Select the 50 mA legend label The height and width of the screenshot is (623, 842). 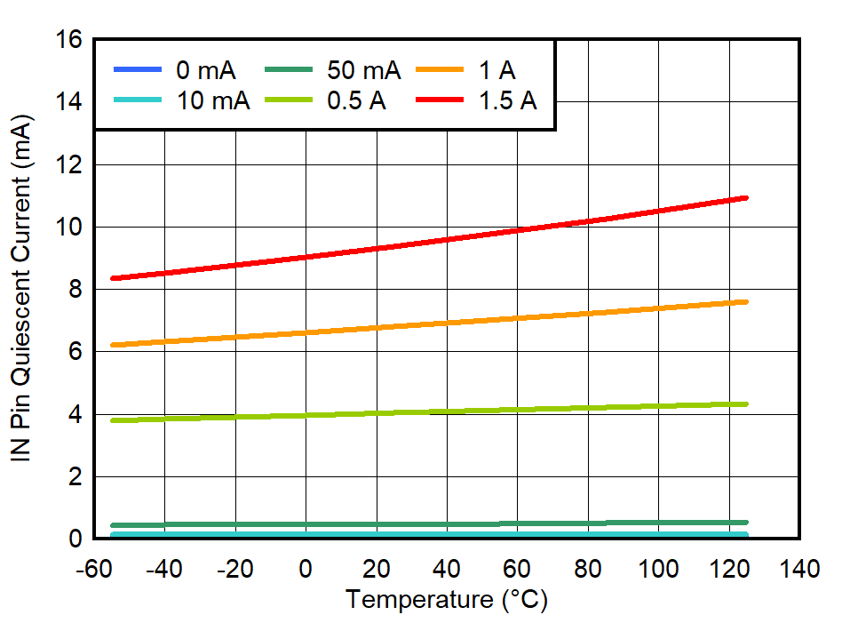tap(363, 70)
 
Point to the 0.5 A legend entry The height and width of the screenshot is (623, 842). tap(355, 100)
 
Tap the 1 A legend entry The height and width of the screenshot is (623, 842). tap(497, 70)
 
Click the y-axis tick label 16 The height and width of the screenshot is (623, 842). tap(69, 40)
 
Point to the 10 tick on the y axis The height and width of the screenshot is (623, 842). tap(69, 228)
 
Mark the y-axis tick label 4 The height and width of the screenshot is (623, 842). tap(75, 415)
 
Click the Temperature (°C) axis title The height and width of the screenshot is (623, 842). tap(447, 600)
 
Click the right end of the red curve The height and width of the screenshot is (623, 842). tap(746, 197)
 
